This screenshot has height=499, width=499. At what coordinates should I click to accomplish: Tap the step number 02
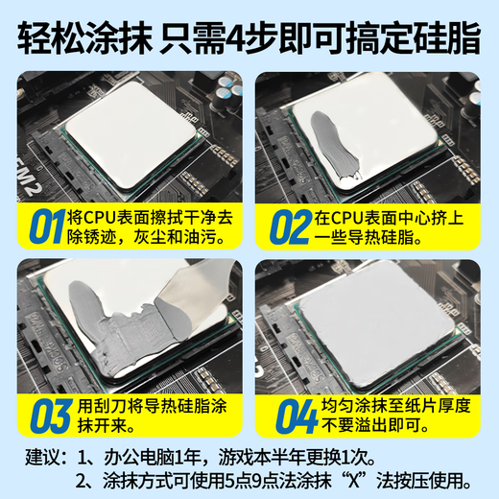tap(290, 226)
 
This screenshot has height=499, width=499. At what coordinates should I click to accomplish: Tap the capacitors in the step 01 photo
tap(227, 91)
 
